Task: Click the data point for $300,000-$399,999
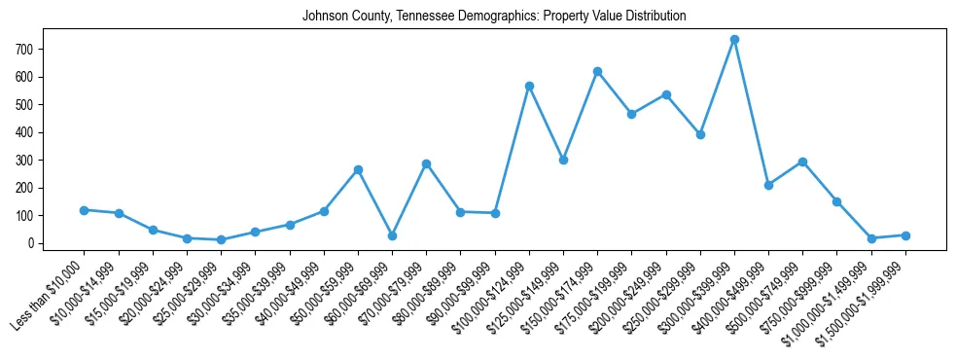point(734,39)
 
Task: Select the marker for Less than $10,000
point(85,210)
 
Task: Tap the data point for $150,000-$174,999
point(597,71)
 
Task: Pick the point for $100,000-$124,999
point(529,86)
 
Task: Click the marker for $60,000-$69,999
point(392,235)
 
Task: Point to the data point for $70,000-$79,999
point(426,163)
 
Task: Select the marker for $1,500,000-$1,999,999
point(905,235)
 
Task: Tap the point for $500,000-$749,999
point(802,162)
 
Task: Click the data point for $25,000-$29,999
point(221,239)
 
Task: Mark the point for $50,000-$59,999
point(358,169)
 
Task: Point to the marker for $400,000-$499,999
point(768,185)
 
